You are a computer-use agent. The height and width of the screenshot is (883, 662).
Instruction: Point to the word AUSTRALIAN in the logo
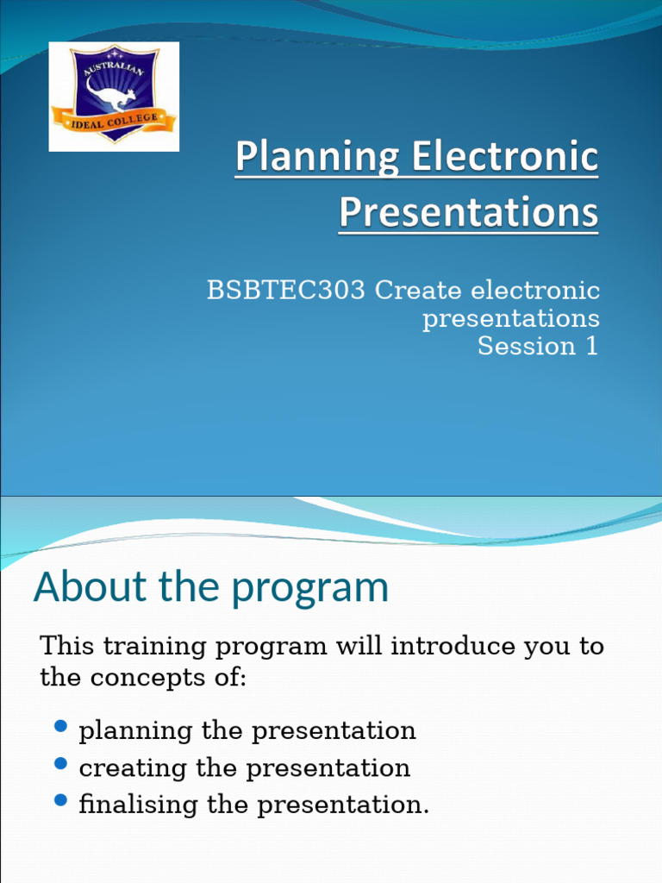pos(112,65)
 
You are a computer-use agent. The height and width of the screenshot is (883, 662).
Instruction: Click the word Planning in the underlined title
pos(315,159)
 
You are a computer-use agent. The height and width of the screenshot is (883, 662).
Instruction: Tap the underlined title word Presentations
pos(468,213)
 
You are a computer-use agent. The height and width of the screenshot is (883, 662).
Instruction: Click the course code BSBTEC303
pos(285,291)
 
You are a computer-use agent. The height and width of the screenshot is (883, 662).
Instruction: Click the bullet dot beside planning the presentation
pos(60,727)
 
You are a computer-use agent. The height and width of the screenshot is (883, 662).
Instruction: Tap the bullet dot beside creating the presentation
pos(60,764)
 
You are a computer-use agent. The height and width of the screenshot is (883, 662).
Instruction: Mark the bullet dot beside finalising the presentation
pos(60,801)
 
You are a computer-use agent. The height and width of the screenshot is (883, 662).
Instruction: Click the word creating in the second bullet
pos(123,767)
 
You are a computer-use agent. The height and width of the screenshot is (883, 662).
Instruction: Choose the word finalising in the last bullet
pos(139,805)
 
